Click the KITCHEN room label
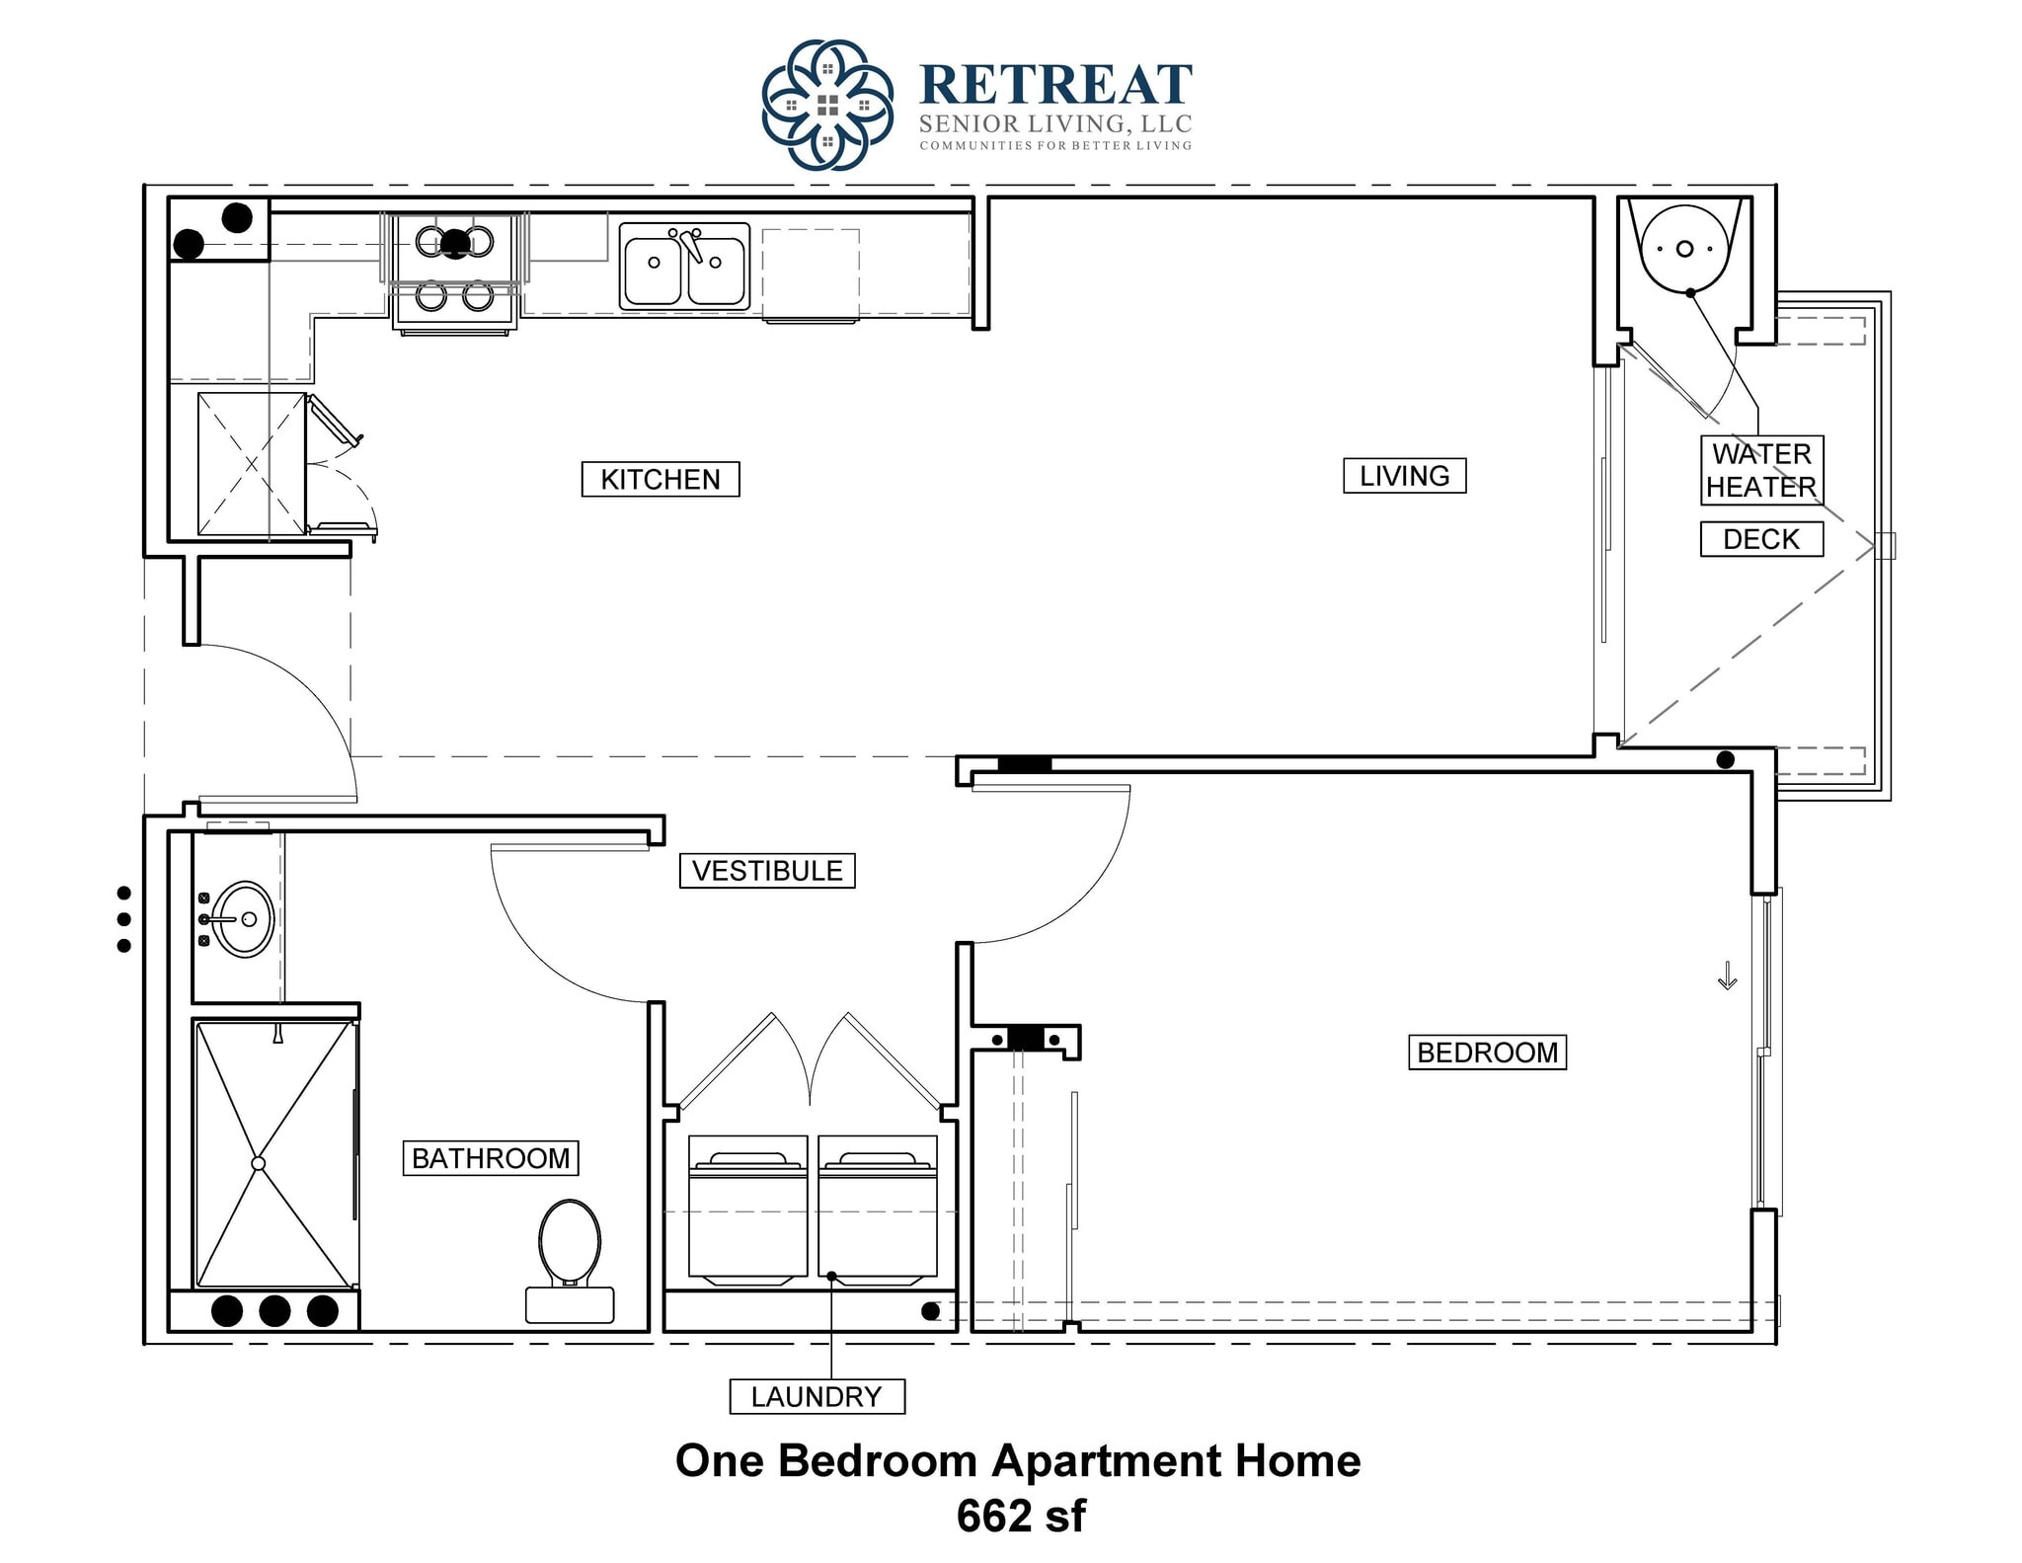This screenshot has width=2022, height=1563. [x=660, y=479]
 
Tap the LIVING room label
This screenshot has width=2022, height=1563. [x=1404, y=476]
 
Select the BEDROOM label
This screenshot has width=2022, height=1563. [x=1487, y=1053]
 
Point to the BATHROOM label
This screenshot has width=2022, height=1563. [x=491, y=1158]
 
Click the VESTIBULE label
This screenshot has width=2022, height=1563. [x=767, y=871]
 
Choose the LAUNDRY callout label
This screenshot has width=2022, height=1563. [x=817, y=1397]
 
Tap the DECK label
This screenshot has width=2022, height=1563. [x=1761, y=539]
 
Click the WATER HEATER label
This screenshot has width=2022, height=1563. [x=1761, y=470]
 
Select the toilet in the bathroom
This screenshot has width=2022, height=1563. [x=570, y=1254]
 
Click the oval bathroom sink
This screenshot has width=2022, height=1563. [x=242, y=919]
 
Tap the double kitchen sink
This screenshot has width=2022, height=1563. [x=684, y=266]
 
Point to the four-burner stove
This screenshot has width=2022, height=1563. [x=455, y=270]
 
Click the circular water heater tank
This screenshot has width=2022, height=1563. [x=1684, y=249]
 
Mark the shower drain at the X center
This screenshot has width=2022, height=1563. [x=259, y=1164]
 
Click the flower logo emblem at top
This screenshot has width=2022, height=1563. [x=827, y=105]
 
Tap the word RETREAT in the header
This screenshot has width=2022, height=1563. [x=1055, y=85]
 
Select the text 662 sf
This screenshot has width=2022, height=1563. [x=1021, y=1517]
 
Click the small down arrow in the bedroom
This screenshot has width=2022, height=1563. [x=1727, y=977]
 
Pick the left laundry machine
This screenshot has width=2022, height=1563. [x=748, y=1210]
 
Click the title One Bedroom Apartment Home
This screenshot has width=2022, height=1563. [x=1018, y=1461]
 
